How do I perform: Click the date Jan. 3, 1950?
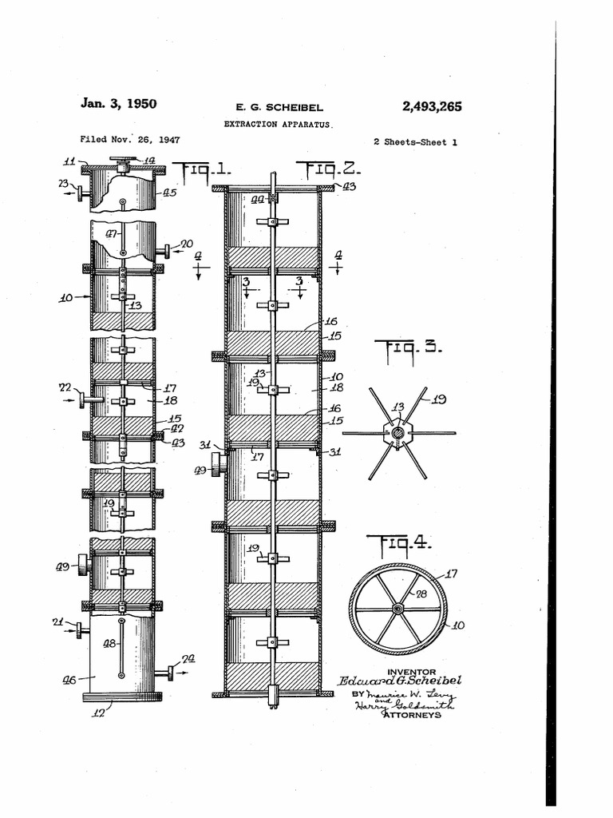118,104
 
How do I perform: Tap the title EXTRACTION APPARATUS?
277,125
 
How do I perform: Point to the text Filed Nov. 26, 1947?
130,139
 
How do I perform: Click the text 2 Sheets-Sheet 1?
414,142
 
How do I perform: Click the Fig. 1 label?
203,170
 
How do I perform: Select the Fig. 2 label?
329,169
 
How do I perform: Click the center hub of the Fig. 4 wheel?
397,609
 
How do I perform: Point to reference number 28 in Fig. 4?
421,594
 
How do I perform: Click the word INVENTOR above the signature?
411,672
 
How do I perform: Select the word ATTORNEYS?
411,715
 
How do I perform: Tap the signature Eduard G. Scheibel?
399,681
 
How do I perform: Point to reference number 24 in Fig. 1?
188,659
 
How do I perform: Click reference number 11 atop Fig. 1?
70,161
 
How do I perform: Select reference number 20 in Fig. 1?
186,244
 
